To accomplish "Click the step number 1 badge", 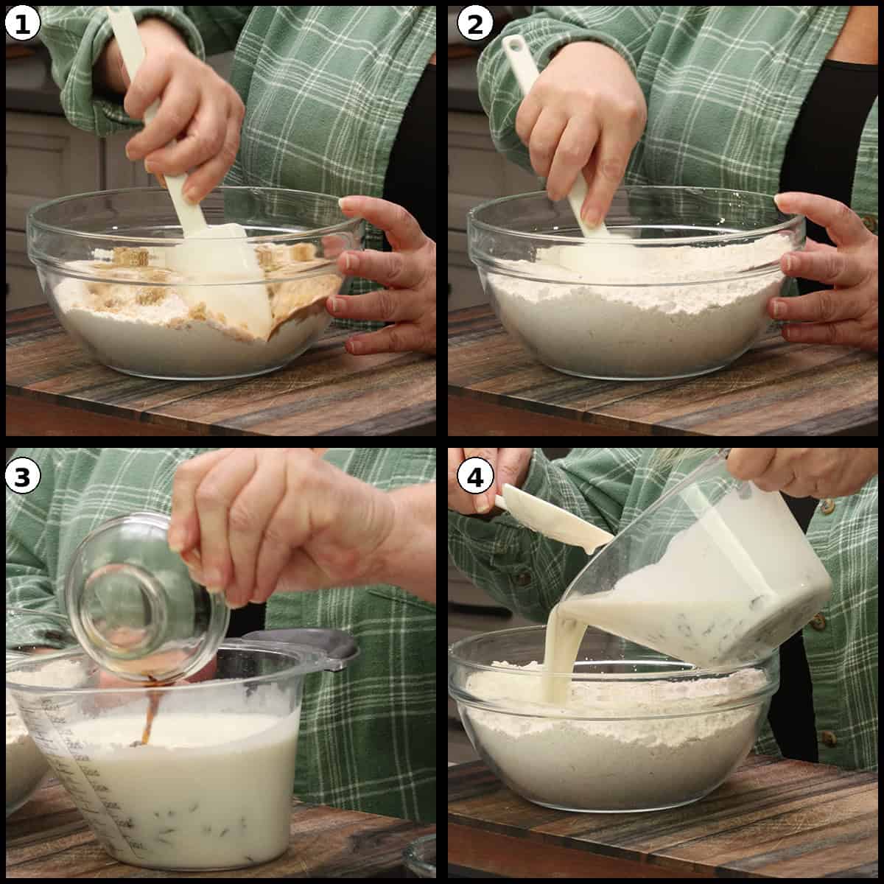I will tap(23, 25).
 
